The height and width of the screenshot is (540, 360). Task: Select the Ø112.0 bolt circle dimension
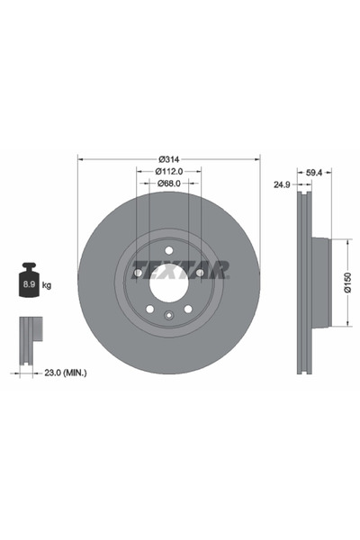[x=170, y=171]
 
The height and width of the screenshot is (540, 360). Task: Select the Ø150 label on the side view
[x=346, y=283]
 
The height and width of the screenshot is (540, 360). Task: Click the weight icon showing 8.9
[x=30, y=282]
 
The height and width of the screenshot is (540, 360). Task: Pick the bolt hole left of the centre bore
[x=138, y=273]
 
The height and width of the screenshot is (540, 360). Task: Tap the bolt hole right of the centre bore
[x=201, y=273]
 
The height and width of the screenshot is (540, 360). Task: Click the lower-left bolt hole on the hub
[x=149, y=309]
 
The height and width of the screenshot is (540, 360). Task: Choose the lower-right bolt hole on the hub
[x=189, y=309]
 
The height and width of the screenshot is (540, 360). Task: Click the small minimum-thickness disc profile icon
[x=29, y=334]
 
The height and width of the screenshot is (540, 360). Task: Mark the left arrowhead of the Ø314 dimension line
[x=82, y=158]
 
